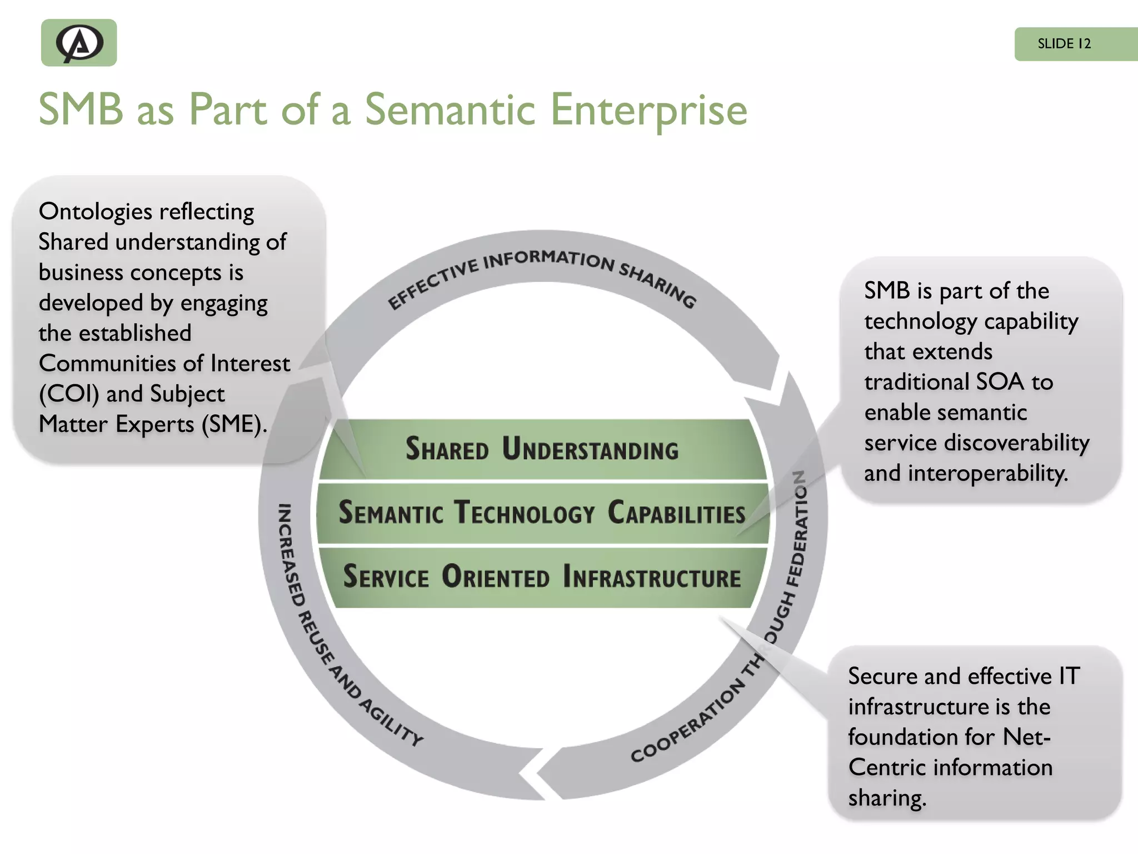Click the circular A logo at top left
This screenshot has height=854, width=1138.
79,43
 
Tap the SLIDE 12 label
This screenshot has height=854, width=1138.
1064,44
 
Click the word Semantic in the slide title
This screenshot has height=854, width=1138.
450,110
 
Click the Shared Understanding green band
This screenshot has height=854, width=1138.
542,449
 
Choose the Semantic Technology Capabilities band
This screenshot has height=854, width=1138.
542,513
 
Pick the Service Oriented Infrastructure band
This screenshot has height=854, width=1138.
542,577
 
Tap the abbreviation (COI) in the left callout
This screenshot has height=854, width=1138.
69,394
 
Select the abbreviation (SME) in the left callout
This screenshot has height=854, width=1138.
234,424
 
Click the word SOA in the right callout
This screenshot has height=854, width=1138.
1000,382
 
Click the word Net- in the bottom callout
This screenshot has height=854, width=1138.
1026,737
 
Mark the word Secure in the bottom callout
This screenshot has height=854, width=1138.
882,677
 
